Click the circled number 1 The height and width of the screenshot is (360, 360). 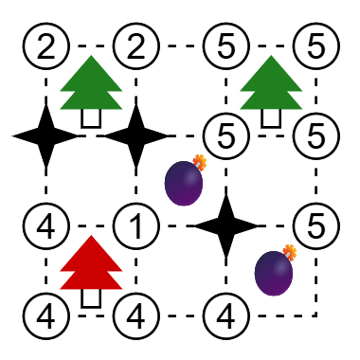(136, 225)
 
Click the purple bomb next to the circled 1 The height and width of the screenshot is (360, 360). (185, 180)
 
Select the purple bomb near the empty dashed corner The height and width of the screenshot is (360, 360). (275, 270)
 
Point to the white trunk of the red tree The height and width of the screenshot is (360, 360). (91, 298)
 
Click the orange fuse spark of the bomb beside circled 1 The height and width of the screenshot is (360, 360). (199, 162)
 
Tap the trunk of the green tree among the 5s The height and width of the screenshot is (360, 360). (271, 118)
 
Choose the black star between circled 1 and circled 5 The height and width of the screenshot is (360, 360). (226, 225)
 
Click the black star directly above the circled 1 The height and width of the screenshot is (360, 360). (136, 135)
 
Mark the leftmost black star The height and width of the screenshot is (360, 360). (46, 135)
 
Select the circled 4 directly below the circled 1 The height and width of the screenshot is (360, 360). (136, 315)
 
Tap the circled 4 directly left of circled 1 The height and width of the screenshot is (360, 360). (46, 225)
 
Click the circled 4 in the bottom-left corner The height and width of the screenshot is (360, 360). (46, 315)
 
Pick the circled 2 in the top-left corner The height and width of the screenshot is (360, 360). (46, 45)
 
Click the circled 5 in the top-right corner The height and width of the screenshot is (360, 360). (316, 45)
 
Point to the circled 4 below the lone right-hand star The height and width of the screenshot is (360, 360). (226, 315)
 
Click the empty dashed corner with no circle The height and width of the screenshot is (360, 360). (316, 315)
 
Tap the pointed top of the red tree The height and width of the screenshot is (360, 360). (91, 236)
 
